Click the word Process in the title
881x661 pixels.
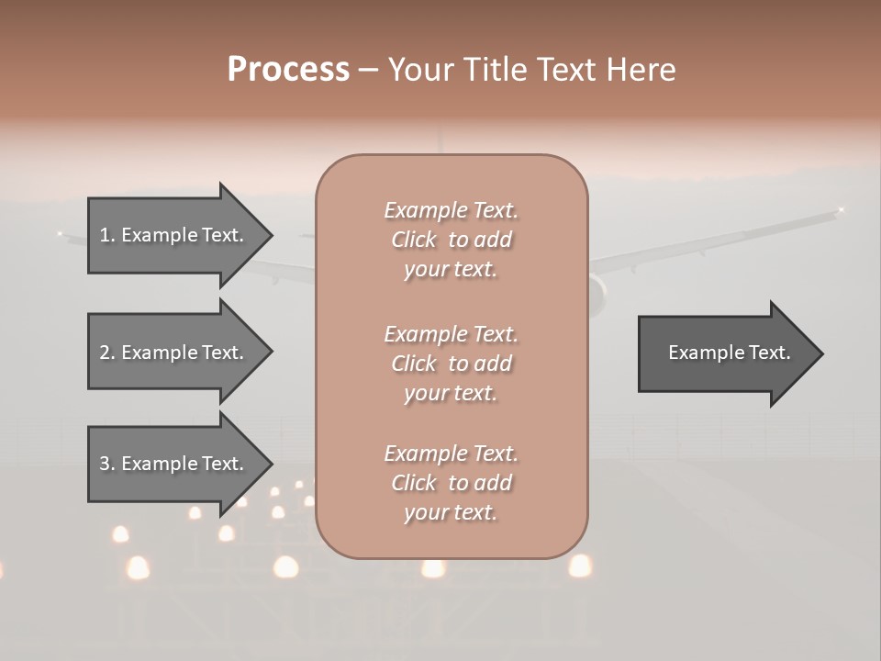point(288,69)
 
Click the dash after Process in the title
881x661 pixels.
point(368,71)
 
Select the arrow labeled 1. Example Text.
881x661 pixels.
point(174,235)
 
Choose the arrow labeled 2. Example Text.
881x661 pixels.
point(174,353)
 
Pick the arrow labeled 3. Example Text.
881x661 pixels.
point(174,464)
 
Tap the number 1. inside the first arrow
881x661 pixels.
point(107,235)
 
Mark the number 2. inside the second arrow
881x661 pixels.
point(107,353)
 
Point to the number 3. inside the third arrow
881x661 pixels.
point(107,464)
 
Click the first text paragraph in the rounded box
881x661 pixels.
point(451,240)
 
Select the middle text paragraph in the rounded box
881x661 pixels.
point(451,364)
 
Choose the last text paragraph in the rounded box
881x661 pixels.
point(451,483)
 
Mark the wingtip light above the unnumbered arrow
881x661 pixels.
point(840,211)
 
